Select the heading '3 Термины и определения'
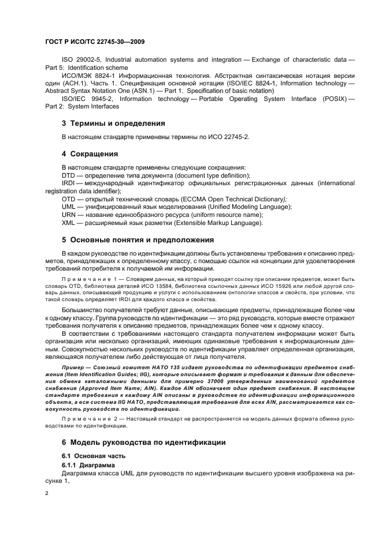click(113, 123)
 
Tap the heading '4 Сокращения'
click(90, 154)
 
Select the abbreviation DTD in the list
click(70, 175)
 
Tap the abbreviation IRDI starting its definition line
click(71, 183)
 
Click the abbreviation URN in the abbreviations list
click(70, 215)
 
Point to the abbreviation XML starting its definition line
click(70, 223)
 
